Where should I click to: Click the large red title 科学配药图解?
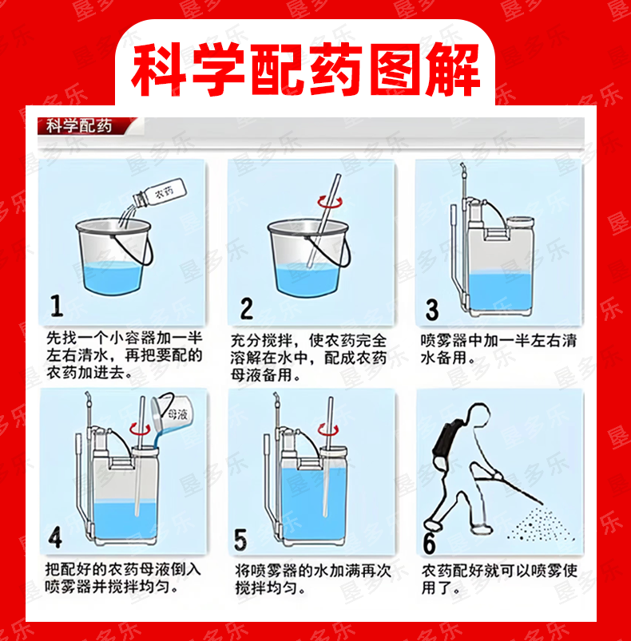coord(305,70)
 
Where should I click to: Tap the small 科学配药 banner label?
coord(78,126)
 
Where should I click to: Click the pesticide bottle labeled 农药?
coord(160,193)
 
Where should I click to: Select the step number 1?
coord(57,306)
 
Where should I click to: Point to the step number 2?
coord(246,308)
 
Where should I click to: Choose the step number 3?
coord(432,310)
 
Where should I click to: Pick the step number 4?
coord(55,537)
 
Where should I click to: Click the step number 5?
coord(240,539)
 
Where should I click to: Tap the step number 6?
coord(429,544)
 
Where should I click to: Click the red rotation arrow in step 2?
coord(330,201)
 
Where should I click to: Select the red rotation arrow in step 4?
coord(141,429)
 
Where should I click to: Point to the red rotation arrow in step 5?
coord(328,429)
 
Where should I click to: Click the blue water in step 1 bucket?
coord(112,277)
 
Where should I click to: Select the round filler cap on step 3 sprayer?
coord(520,223)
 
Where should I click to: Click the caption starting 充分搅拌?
coord(308,358)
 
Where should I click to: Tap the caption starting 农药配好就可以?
coord(499,580)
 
